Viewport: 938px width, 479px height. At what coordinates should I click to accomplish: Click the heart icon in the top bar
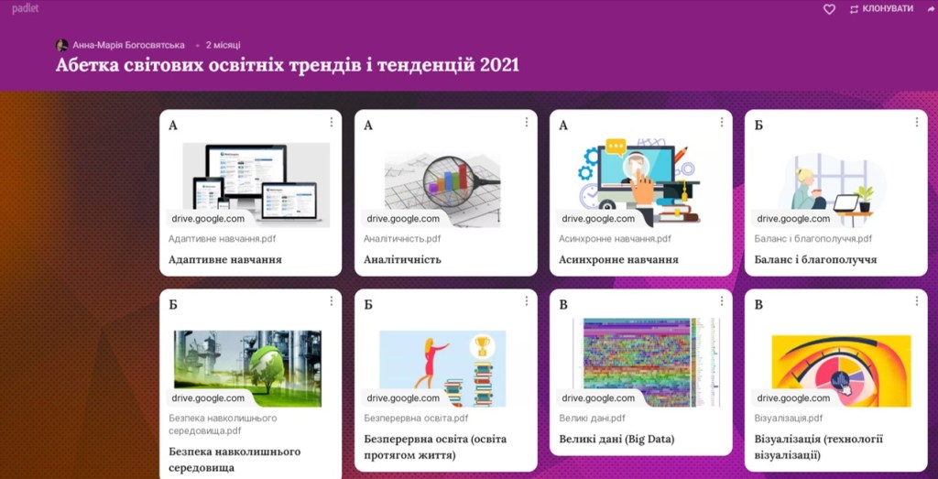pyautogui.click(x=829, y=9)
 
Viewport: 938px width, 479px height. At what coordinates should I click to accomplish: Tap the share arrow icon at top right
pyautogui.click(x=931, y=9)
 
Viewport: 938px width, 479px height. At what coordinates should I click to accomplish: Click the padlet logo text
pyautogui.click(x=25, y=9)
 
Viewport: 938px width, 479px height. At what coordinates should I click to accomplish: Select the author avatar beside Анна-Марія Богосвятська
pyautogui.click(x=61, y=45)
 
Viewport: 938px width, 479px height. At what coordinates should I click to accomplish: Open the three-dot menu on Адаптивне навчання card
pyautogui.click(x=331, y=122)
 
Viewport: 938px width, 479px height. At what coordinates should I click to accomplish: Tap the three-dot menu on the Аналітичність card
pyautogui.click(x=526, y=122)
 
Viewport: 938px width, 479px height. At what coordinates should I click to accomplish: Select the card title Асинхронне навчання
pyautogui.click(x=618, y=259)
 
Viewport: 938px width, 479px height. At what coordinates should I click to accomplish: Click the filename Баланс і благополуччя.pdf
pyautogui.click(x=813, y=239)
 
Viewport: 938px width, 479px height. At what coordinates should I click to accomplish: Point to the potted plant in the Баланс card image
pyautogui.click(x=865, y=198)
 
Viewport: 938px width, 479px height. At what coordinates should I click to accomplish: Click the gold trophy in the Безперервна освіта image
pyautogui.click(x=482, y=345)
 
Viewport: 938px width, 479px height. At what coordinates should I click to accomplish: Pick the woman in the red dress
pyautogui.click(x=431, y=363)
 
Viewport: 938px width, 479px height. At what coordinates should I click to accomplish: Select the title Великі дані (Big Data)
pyautogui.click(x=616, y=440)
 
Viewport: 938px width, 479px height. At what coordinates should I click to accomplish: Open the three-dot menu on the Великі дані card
pyautogui.click(x=722, y=301)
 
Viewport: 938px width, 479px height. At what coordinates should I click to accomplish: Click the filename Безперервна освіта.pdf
pyautogui.click(x=417, y=418)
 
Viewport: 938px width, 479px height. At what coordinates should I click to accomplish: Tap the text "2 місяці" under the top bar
pyautogui.click(x=224, y=45)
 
